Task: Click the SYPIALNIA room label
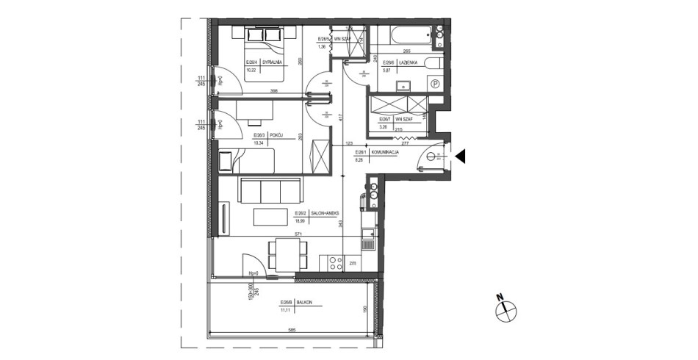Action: point(273,63)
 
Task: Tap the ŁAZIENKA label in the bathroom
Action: point(409,63)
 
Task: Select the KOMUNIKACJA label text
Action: point(384,151)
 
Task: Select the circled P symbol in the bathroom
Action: point(435,85)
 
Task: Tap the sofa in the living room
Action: point(271,190)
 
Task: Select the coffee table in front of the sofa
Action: point(271,217)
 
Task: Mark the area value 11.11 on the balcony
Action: point(284,311)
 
